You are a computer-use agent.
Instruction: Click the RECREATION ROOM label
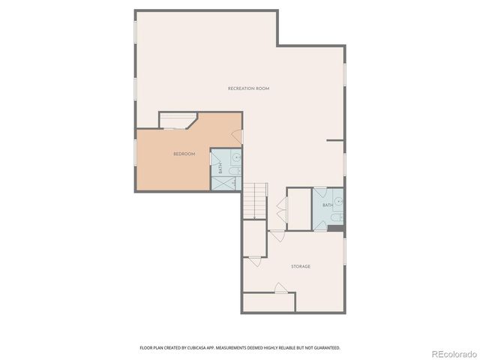248,88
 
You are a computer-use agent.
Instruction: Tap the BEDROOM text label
184,154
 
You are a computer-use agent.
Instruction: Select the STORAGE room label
301,266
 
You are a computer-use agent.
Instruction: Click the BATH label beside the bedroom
220,169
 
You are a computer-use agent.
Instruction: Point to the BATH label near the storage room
328,205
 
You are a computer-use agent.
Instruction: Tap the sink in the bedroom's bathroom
235,158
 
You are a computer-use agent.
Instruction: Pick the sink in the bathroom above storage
339,200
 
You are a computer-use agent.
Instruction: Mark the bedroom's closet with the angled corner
177,121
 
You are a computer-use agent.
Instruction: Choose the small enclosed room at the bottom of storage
268,302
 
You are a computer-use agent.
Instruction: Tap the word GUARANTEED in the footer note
324,347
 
